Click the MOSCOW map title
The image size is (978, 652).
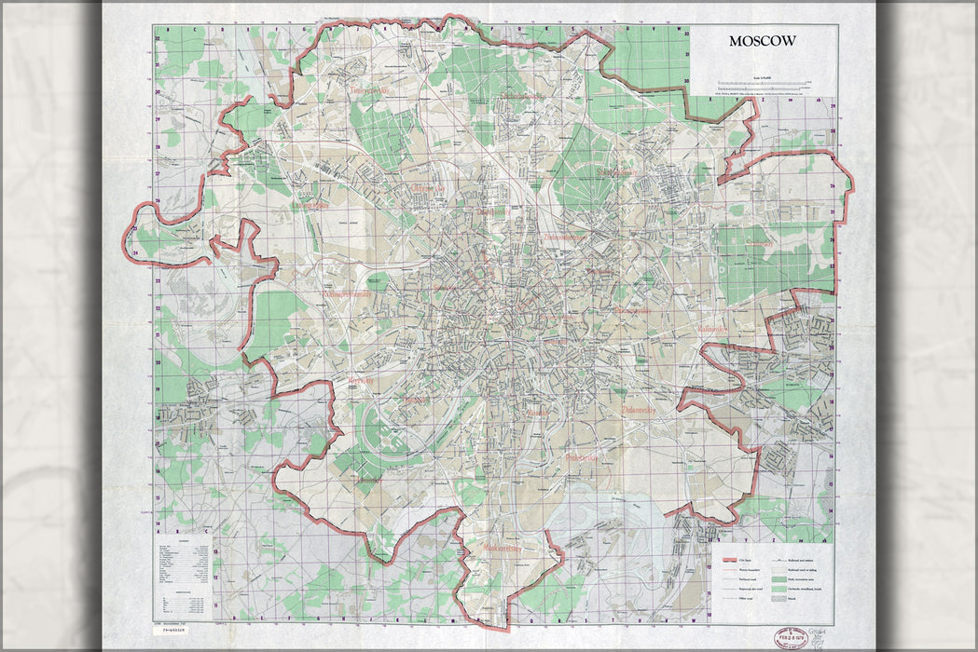[x=763, y=42]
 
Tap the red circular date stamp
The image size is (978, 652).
[x=791, y=638]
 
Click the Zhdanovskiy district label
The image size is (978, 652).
[x=641, y=409]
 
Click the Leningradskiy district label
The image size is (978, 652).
[x=311, y=204]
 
